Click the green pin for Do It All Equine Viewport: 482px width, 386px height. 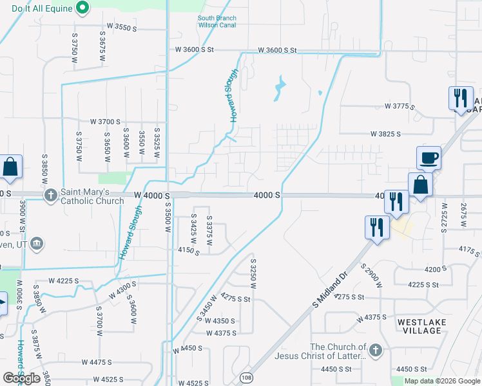[x=82, y=8]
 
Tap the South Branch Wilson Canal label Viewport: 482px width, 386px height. [x=217, y=22]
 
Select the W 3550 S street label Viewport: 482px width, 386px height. [x=122, y=28]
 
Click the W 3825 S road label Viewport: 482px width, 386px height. [x=385, y=134]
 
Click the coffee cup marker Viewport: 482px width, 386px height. [x=429, y=158]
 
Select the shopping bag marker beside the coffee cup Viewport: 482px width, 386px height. [x=420, y=185]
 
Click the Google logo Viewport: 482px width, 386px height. [x=21, y=378]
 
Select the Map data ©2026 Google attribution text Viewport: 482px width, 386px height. [x=442, y=381]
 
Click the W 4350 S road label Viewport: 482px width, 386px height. [x=221, y=320]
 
